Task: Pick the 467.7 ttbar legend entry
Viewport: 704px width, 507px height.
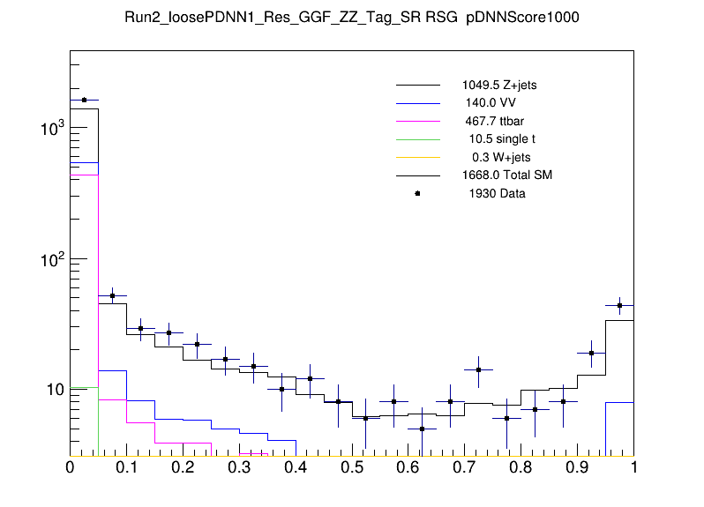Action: coord(495,121)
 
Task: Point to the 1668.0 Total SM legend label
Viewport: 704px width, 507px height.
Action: coord(507,175)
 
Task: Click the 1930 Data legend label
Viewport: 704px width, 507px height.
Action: coord(497,193)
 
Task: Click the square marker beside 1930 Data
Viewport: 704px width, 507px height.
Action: coord(418,193)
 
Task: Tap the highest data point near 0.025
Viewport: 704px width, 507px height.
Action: coord(84,100)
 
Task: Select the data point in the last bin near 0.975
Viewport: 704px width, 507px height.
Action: coord(619,305)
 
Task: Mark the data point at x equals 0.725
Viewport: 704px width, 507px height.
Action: coord(478,369)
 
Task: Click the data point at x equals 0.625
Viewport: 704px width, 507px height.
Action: coord(422,429)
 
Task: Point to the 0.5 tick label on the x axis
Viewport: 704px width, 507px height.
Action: coord(351,468)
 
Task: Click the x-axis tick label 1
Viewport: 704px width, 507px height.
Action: coord(633,468)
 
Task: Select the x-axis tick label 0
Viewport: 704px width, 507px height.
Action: coord(70,468)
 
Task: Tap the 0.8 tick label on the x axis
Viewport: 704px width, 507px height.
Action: coord(521,468)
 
